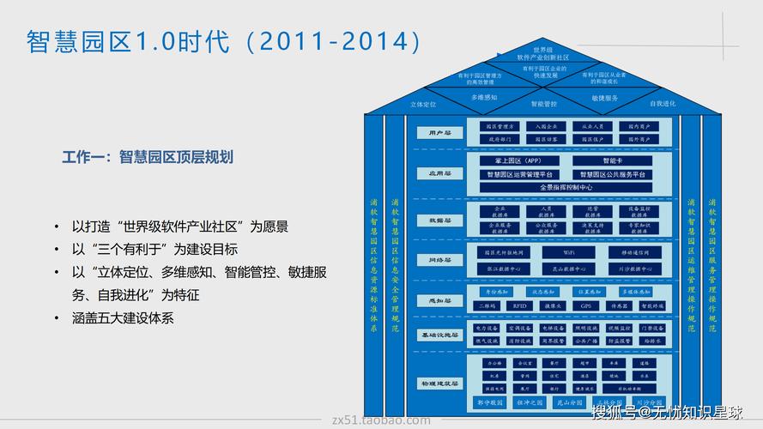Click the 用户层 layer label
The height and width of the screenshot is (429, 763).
[x=439, y=133]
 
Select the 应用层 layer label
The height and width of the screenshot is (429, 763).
[x=439, y=173]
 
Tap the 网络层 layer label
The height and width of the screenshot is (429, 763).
[x=439, y=259]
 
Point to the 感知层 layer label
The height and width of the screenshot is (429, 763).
[x=439, y=299]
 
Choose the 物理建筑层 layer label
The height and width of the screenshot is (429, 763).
[x=439, y=383]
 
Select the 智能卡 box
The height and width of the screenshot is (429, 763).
[x=614, y=160]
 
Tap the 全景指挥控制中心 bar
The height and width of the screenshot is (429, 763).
[x=566, y=187]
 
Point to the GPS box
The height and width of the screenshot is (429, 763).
[x=586, y=305]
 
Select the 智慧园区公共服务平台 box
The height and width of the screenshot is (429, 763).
[x=613, y=174]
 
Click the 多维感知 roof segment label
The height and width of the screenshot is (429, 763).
[x=483, y=98]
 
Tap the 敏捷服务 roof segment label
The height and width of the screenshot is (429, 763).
[x=604, y=98]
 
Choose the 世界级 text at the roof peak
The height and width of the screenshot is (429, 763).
[x=543, y=50]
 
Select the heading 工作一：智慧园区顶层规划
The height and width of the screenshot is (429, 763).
[x=148, y=157]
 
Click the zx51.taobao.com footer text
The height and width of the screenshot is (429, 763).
[x=380, y=420]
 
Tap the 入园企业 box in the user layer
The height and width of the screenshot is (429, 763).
[x=547, y=126]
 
